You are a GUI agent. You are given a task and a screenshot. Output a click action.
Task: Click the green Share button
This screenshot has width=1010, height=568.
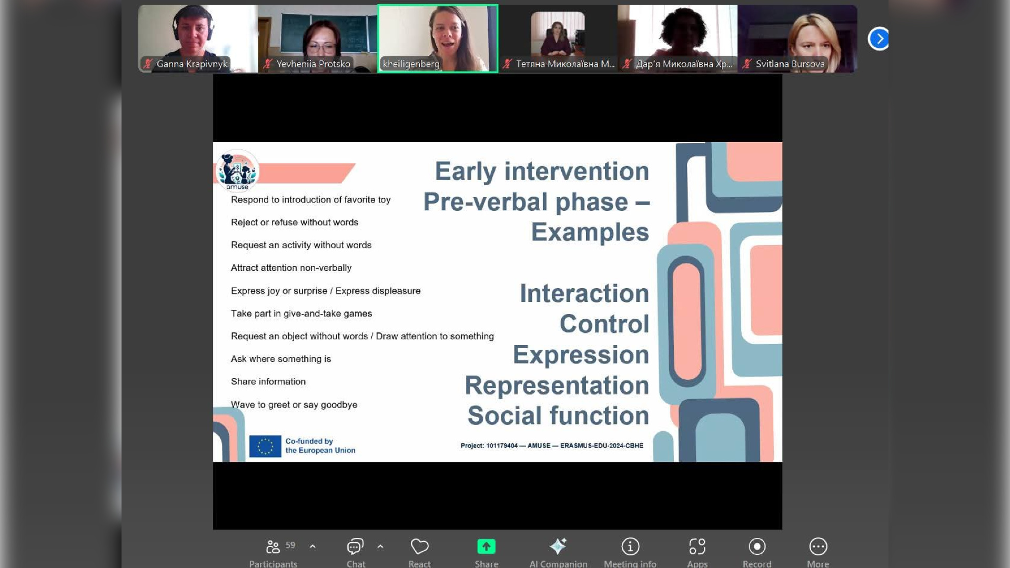point(486,546)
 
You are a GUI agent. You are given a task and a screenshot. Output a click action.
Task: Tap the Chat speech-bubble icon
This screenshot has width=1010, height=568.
point(355,546)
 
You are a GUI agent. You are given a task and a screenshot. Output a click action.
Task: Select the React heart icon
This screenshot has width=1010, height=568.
point(419,546)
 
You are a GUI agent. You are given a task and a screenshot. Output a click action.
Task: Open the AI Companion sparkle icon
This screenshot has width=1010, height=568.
point(558,546)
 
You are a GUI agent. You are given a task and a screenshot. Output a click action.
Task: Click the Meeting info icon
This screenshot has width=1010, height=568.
point(630,546)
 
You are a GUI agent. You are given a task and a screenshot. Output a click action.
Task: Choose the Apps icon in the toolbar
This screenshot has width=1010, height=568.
point(698,546)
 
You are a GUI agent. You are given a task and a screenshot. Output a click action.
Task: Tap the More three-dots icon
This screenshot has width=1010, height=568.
point(818,546)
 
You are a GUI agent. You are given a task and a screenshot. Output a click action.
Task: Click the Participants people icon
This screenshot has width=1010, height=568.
point(272,546)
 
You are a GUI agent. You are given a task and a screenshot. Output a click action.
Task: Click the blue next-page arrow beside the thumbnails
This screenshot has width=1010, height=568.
point(879,38)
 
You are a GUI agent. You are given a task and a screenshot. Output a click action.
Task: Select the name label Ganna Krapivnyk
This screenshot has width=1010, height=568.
point(192,64)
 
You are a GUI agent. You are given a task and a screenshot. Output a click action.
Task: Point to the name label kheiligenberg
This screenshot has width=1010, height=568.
point(411,64)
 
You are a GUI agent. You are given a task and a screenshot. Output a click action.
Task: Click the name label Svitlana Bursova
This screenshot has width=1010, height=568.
point(790,64)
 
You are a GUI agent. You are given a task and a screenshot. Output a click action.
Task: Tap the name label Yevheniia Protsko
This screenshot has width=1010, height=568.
point(313,64)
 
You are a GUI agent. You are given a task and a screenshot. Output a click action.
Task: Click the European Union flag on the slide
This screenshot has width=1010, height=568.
point(265,446)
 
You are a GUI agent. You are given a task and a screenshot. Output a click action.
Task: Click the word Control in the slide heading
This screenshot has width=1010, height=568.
point(604,324)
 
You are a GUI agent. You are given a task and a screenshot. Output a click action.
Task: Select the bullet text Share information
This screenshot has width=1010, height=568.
point(268,382)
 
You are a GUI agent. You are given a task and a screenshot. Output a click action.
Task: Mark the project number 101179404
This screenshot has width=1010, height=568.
point(502,446)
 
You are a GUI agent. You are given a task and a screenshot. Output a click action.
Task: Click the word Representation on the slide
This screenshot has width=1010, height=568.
point(557,386)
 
